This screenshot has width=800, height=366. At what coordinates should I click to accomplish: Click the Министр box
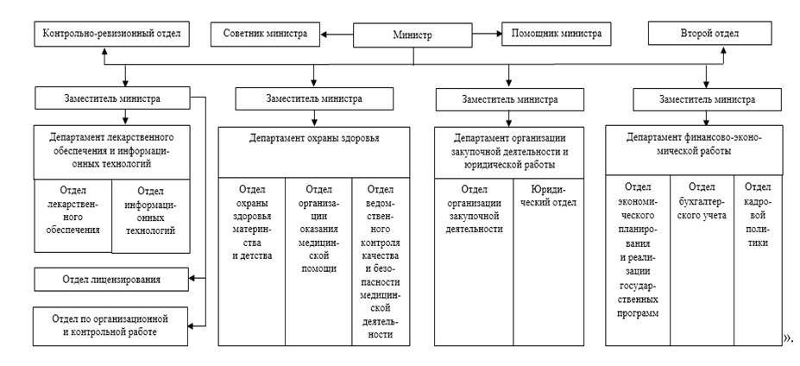pos(413,35)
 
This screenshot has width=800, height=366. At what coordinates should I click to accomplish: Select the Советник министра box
pos(265,35)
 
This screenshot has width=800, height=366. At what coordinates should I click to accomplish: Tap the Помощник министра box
pos(556,35)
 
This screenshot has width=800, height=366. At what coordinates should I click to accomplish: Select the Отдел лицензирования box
pos(111,279)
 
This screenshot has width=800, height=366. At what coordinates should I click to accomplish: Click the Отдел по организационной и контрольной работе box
pos(111,325)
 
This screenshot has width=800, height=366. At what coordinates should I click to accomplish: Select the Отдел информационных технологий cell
pos(150,211)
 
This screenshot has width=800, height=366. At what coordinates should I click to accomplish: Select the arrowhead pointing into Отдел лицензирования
pos(194,279)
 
